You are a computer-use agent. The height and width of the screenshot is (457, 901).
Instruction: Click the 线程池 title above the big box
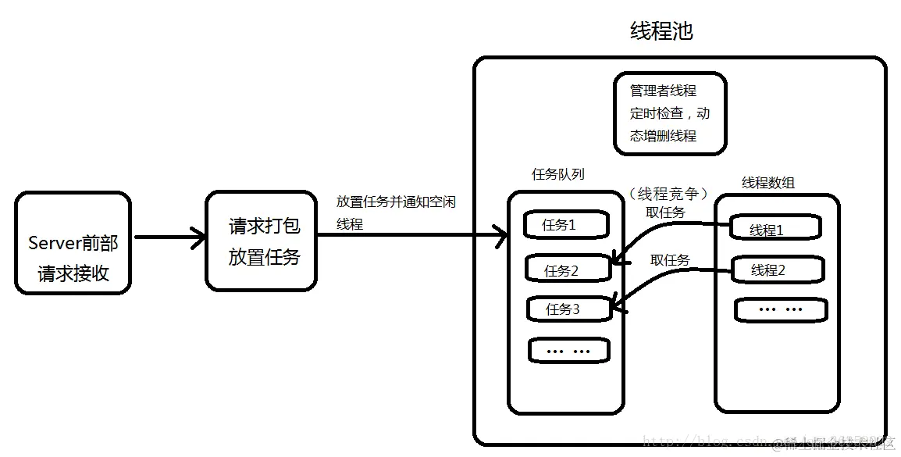tap(661, 31)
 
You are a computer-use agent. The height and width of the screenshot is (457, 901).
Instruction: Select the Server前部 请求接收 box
tap(73, 244)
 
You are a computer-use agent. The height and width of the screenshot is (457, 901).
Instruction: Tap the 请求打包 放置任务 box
tap(262, 241)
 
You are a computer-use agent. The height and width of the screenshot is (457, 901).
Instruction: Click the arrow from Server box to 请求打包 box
tap(168, 237)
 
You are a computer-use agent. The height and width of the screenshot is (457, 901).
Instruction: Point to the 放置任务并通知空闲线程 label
tap(395, 212)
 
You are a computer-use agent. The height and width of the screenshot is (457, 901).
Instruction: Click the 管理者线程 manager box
tap(670, 113)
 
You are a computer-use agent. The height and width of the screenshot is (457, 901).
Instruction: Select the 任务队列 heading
tap(557, 174)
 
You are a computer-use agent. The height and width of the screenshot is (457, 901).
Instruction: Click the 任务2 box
tap(568, 270)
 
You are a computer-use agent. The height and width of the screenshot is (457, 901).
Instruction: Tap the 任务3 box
tap(568, 309)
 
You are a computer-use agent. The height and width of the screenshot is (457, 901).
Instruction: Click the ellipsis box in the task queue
tap(568, 351)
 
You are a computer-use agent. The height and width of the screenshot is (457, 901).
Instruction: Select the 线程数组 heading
tap(768, 183)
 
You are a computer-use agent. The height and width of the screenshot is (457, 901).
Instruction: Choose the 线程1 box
tap(775, 230)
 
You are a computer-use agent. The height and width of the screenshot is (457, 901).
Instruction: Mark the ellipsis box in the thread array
tap(780, 309)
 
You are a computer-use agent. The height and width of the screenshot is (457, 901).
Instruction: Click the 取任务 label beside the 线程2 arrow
tap(670, 260)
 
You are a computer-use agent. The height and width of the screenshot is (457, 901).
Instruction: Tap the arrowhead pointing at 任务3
tap(617, 307)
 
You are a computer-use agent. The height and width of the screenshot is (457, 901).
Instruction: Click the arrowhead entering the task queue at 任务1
tap(500, 234)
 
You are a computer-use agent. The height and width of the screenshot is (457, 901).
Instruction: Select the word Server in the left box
tap(51, 243)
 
